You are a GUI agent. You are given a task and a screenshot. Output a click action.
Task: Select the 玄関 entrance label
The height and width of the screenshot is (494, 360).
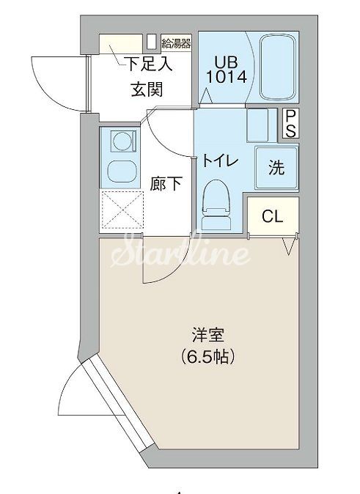(147, 90)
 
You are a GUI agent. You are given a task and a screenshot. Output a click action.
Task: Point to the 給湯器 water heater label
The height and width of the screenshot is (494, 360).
(176, 42)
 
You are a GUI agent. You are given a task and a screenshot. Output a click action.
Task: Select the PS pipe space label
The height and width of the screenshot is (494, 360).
(290, 124)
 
